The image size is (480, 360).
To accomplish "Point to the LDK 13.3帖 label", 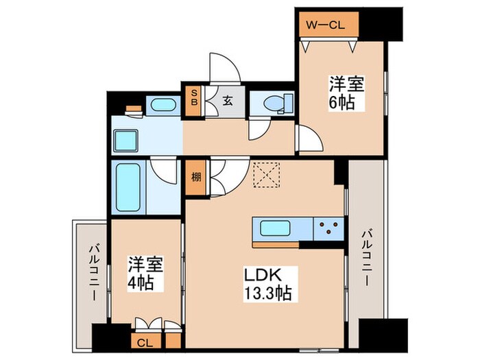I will point(269,284).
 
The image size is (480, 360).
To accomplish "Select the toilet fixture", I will point(275,104).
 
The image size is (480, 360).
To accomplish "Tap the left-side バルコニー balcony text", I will point(91,274).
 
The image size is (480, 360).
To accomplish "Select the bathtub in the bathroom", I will point(128,187).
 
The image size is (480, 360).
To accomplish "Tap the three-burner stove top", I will point(328,228).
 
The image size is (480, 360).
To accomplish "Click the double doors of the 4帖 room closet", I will point(149,324).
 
